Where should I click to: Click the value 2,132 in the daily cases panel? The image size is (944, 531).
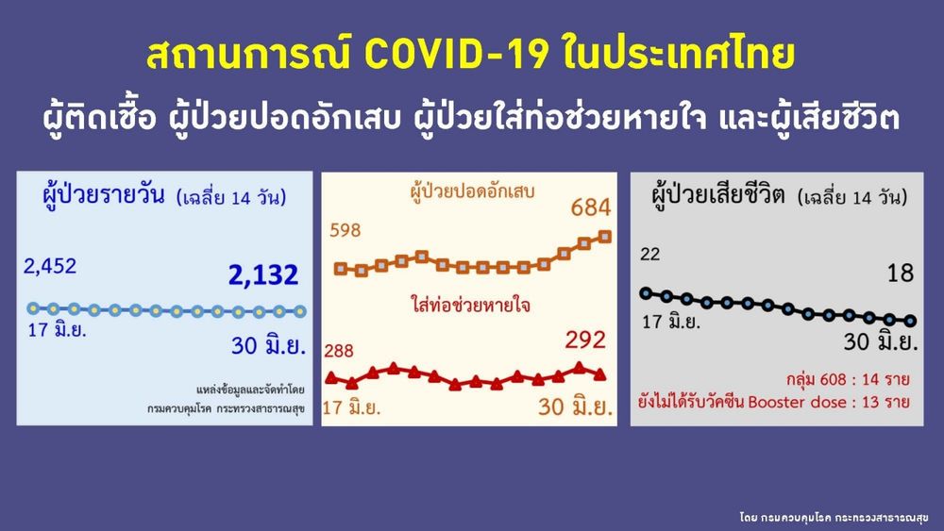tap(263, 274)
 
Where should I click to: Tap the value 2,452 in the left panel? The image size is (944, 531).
tap(50, 266)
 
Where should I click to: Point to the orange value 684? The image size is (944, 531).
tap(591, 207)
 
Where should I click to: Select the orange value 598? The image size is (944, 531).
tap(345, 230)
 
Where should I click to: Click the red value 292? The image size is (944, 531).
tap(584, 340)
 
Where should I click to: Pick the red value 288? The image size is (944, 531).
tap(339, 350)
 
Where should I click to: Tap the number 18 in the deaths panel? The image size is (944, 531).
tap(900, 274)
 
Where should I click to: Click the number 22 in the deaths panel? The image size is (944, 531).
tap(650, 254)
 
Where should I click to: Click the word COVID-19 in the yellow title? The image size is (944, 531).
tap(457, 54)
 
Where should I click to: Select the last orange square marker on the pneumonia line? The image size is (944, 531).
tap(605, 237)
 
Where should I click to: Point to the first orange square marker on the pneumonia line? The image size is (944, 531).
tap(340, 269)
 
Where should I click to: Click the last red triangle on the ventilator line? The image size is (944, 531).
tap(599, 374)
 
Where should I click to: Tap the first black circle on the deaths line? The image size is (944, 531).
tap(646, 293)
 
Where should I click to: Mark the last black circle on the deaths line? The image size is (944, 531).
tap(910, 321)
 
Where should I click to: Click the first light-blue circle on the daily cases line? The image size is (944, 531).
tap(33, 308)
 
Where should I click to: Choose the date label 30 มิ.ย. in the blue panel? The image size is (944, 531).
tap(268, 345)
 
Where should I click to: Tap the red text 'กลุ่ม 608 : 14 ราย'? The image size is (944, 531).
tap(847, 379)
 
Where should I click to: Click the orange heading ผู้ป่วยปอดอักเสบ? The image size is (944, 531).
tap(472, 191)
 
